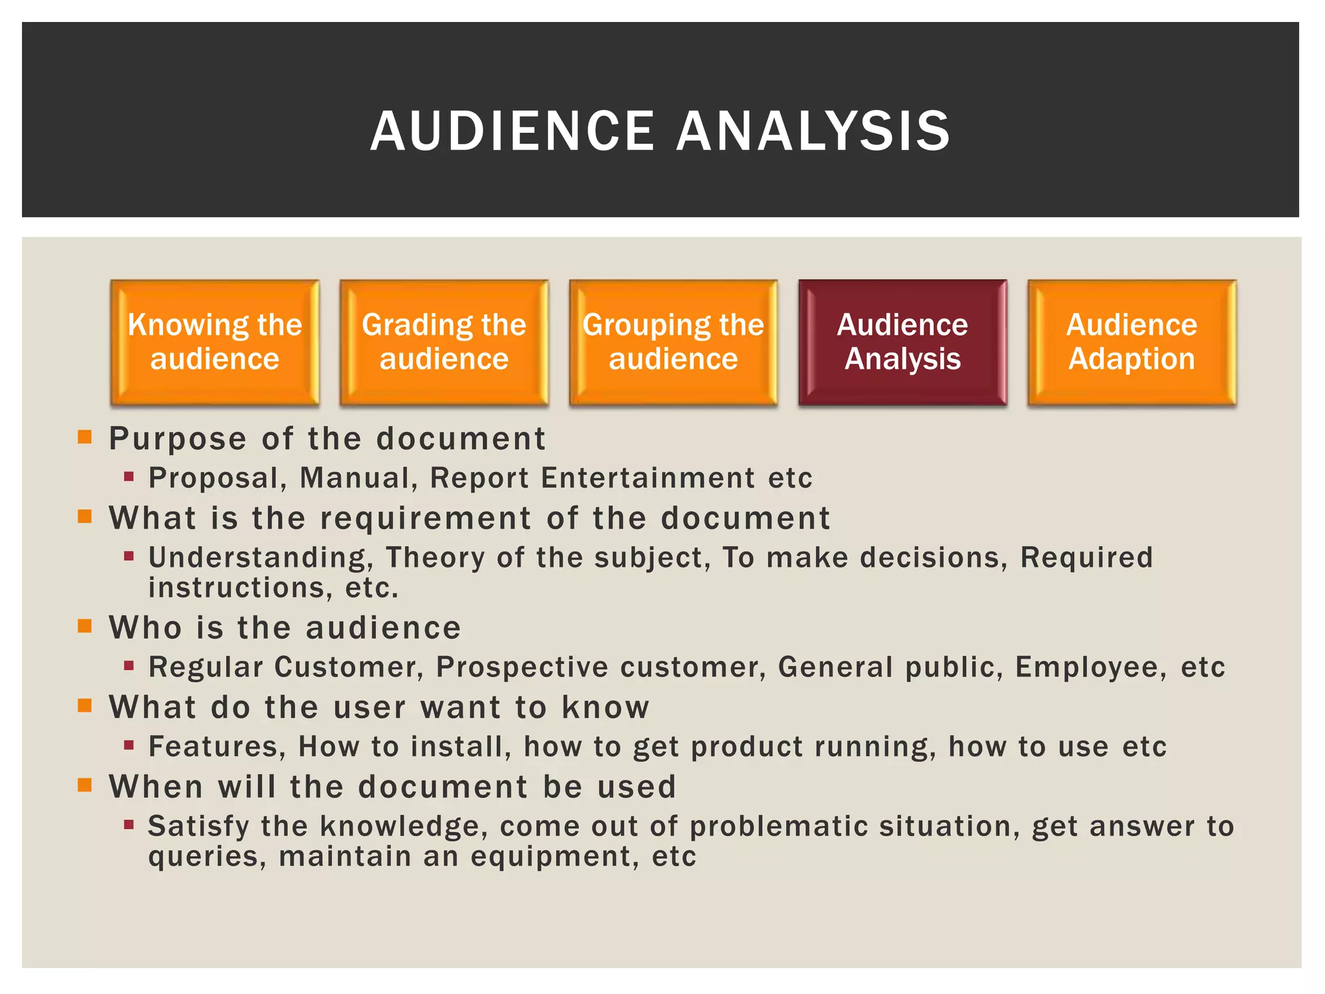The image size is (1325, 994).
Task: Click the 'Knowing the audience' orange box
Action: (215, 342)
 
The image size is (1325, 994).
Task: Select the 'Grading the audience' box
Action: (444, 342)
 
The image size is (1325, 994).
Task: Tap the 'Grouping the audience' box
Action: (673, 342)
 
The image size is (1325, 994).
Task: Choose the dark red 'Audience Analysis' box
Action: (903, 342)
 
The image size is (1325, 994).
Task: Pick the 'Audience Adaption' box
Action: (1132, 342)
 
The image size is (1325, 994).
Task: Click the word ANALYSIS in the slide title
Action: (813, 131)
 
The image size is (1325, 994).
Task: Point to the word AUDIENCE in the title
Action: (512, 131)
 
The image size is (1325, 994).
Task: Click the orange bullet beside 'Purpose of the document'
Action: (85, 437)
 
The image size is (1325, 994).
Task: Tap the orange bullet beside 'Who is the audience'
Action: (85, 626)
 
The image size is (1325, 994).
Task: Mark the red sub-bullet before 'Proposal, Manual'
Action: (129, 477)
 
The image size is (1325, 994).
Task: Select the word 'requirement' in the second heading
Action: (426, 519)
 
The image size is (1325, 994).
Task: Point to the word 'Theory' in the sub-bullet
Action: (435, 558)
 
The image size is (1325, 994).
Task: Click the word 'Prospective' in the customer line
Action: (521, 667)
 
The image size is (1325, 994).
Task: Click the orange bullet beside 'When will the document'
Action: (85, 785)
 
